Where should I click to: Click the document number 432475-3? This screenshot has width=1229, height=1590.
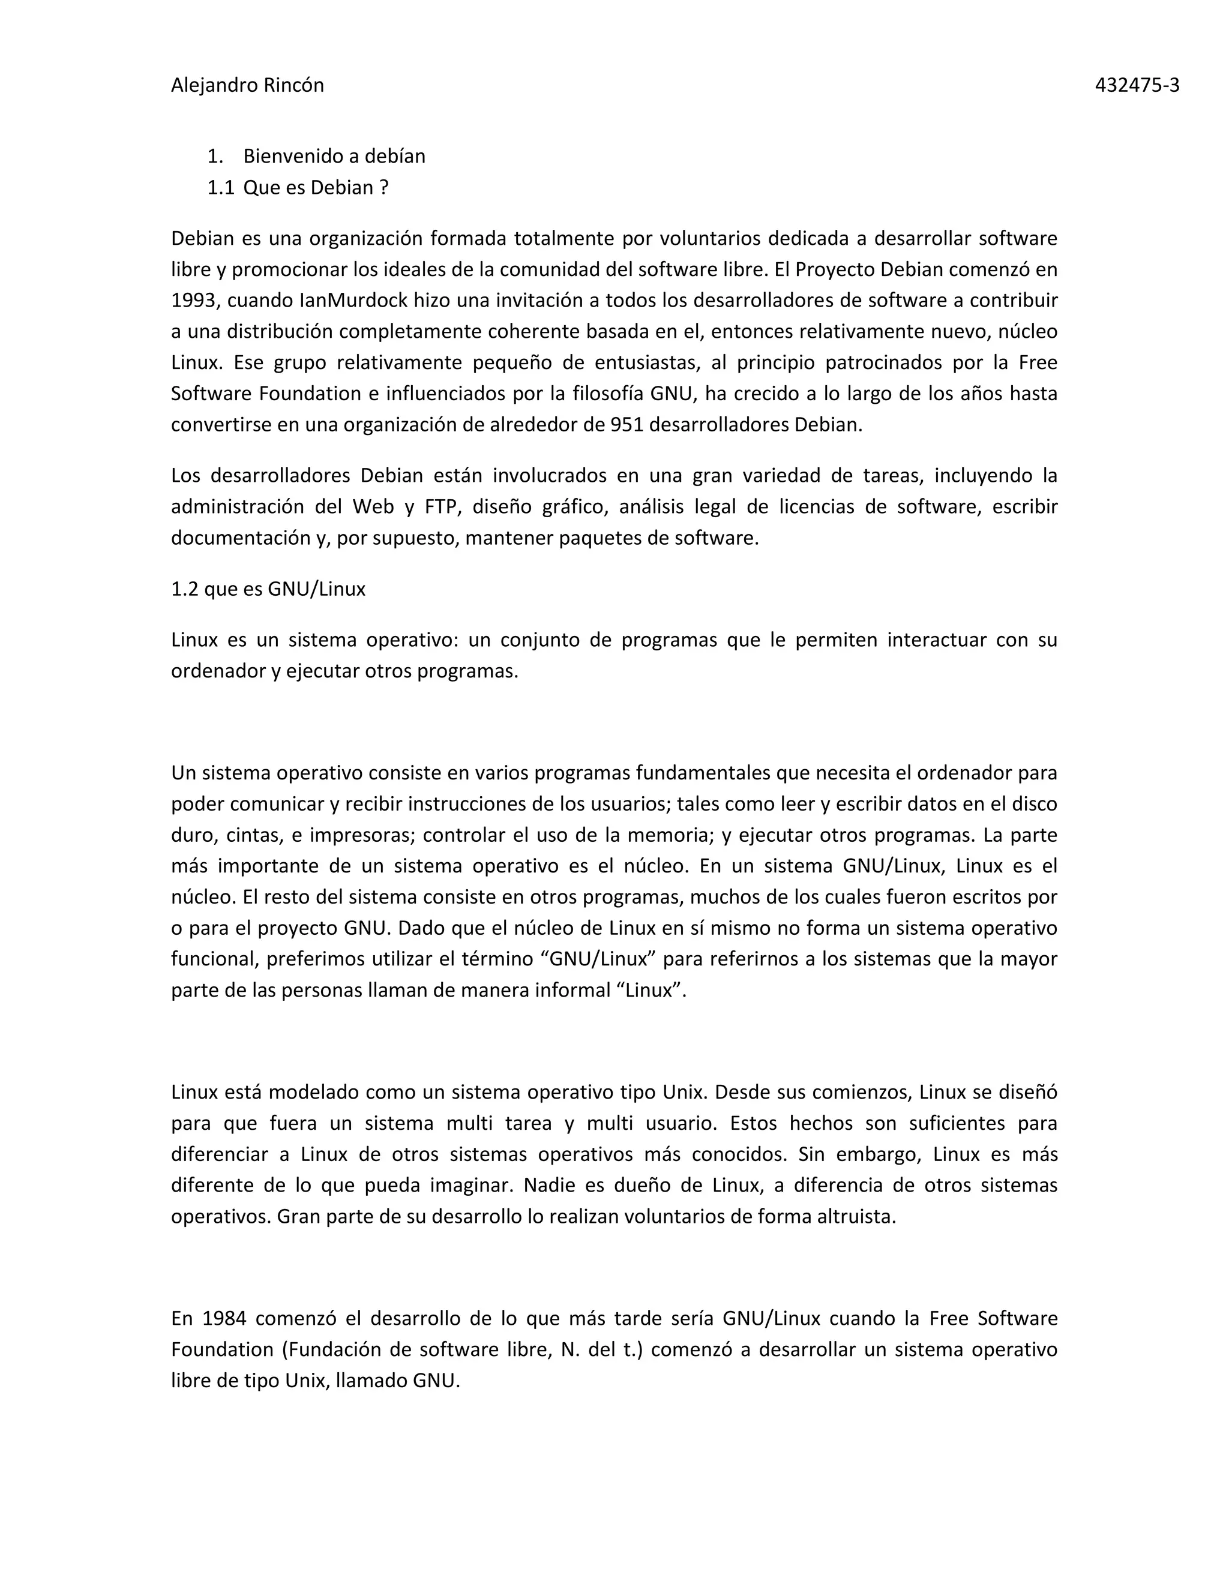(1137, 86)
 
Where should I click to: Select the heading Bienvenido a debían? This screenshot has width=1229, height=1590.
(334, 157)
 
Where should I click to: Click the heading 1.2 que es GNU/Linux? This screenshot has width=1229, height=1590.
(268, 589)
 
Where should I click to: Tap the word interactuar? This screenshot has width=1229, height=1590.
(933, 640)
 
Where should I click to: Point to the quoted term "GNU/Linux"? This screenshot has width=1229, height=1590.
(598, 959)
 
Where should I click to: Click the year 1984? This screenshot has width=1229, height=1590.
(223, 1318)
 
